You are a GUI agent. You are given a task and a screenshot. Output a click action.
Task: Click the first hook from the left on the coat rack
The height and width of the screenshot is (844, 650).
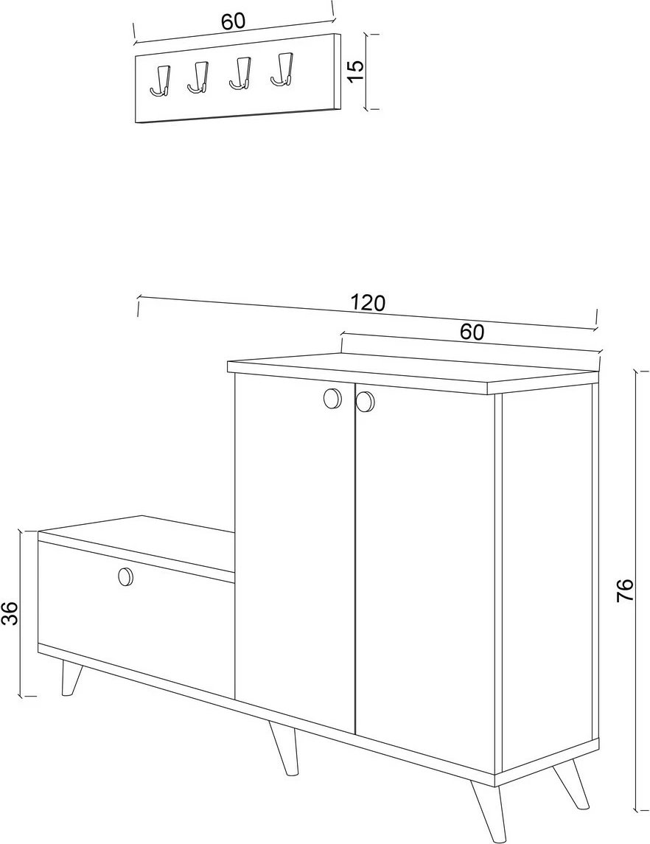pos(161,83)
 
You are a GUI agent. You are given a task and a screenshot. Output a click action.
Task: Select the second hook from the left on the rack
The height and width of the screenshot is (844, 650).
pos(198,77)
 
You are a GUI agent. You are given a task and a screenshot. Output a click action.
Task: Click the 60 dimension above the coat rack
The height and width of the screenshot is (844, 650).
pos(233,21)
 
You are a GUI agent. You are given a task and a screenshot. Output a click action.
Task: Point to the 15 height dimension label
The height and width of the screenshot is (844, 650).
pos(356,71)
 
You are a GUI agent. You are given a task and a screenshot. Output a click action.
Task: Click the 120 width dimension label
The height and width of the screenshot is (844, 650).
pos(368,303)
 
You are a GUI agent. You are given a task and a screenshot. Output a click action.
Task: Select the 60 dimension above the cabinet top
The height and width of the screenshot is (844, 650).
pos(472,332)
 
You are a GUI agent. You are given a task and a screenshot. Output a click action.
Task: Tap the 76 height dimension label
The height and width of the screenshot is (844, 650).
pos(625,590)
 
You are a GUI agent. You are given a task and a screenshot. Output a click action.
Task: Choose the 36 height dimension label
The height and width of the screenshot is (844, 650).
pos(10,613)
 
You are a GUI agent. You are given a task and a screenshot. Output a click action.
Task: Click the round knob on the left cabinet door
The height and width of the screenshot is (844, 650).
pos(332,398)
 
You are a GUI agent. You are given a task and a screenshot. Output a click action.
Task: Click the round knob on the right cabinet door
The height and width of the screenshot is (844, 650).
pos(365,401)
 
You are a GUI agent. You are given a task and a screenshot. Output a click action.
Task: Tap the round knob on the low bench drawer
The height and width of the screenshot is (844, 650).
pos(125,576)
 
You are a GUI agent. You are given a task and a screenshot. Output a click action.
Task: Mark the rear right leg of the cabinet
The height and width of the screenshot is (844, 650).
pos(571,786)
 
